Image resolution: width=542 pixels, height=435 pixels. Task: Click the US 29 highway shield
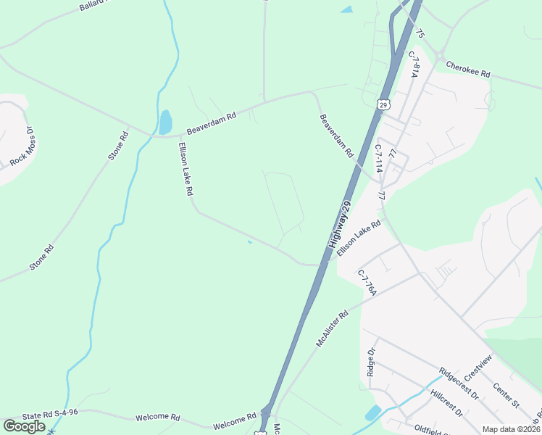tap(383, 105)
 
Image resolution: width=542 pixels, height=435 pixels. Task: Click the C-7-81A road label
tap(414, 65)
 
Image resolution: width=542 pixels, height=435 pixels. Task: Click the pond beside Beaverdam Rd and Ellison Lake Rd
tap(165, 121)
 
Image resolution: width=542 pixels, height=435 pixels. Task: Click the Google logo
tap(24, 426)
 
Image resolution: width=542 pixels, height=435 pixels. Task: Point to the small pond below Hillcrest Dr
tap(373, 413)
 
